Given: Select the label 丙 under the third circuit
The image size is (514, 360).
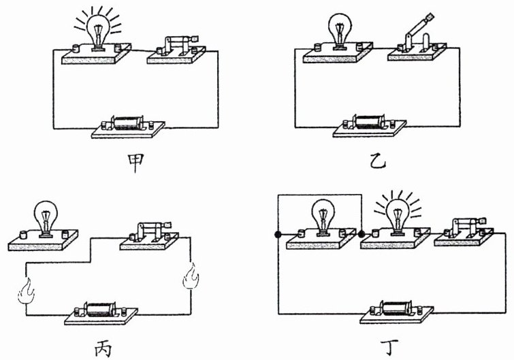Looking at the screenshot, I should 101,348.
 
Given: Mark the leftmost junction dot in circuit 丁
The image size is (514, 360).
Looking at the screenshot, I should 278,235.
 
